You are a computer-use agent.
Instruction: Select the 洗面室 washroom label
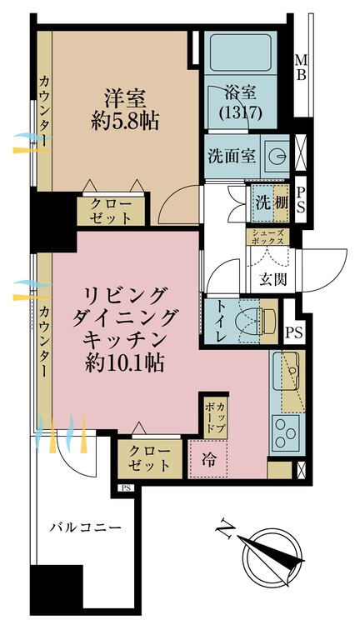[x=231, y=156]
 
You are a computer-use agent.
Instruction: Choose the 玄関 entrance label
[x=271, y=278]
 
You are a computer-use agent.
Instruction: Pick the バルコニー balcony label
[x=86, y=527]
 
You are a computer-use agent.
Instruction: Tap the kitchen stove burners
[x=283, y=429]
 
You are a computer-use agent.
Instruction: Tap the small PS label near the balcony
[x=126, y=488]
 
